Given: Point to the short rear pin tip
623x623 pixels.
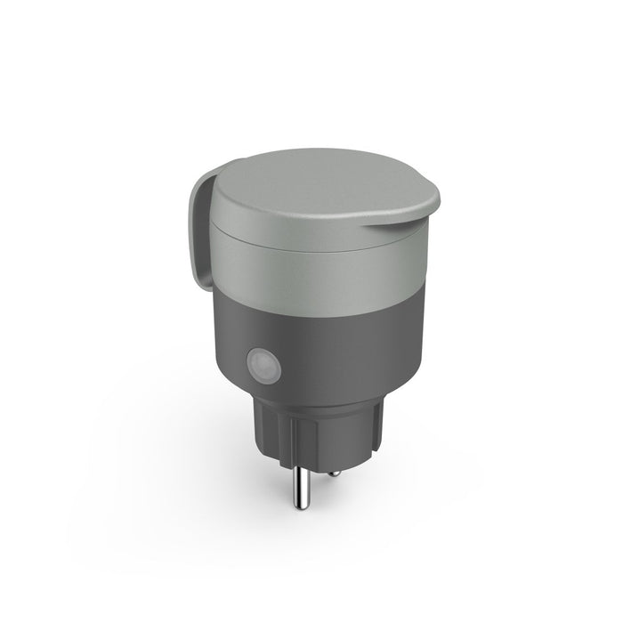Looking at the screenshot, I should [x=332, y=473].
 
